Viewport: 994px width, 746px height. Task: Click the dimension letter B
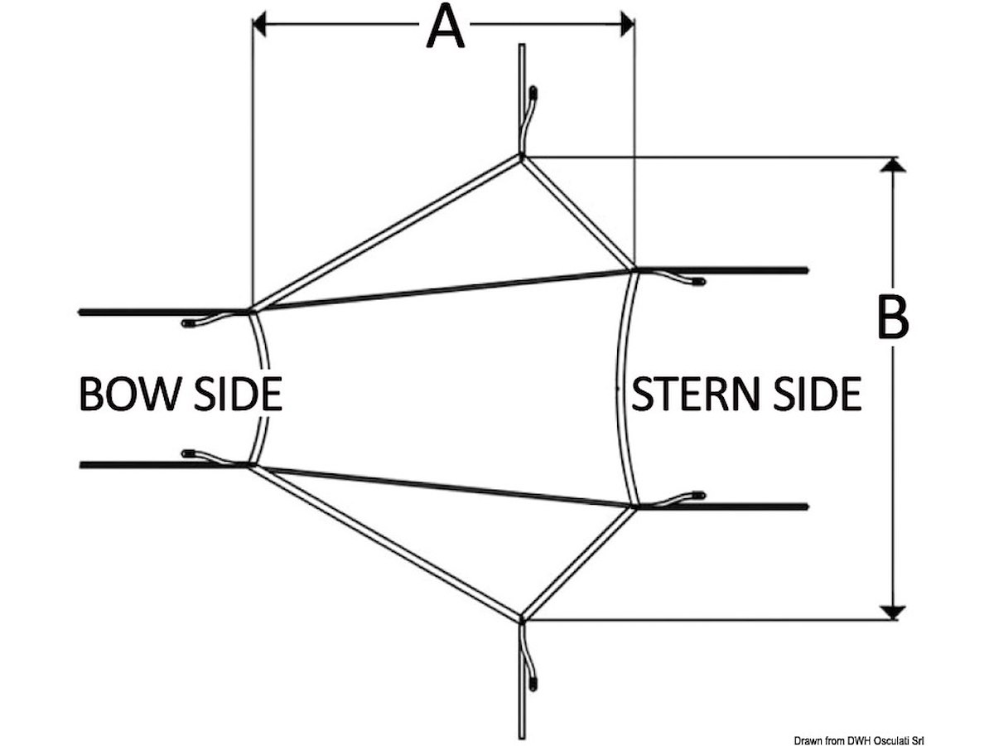coord(892,317)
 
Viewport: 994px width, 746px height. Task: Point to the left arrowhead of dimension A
coord(258,26)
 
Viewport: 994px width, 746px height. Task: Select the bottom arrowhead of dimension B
coord(891,613)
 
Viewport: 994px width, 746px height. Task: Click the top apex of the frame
coord(521,156)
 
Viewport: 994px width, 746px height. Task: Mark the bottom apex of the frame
coord(521,618)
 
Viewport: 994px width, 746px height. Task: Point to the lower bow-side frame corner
coord(250,466)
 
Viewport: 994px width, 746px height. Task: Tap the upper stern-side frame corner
coord(634,269)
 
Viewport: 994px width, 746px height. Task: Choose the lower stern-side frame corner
coord(635,506)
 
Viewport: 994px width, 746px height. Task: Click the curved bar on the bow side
coord(264,388)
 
